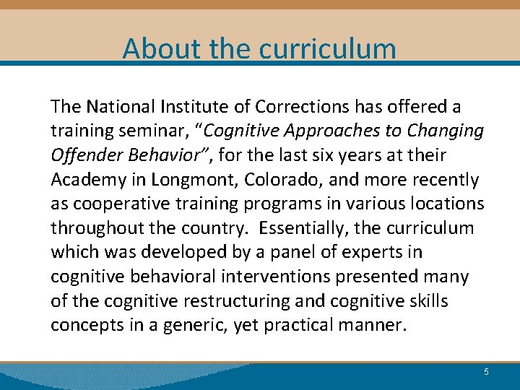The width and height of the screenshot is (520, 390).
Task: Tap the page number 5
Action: click(x=486, y=372)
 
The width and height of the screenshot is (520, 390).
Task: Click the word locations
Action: click(x=446, y=204)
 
